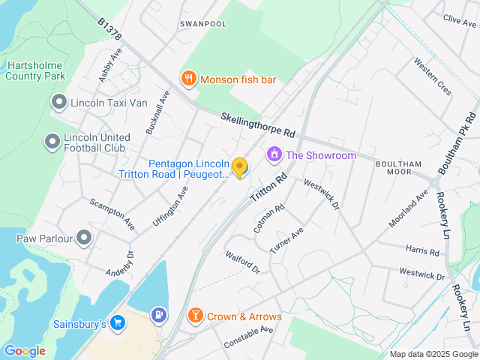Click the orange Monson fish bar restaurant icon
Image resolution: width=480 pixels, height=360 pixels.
[x=188, y=77]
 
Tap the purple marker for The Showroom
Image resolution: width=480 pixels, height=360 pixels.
[x=274, y=155]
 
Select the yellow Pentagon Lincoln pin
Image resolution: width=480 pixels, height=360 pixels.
[x=239, y=167]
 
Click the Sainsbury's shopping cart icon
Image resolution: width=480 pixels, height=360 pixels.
[x=117, y=323]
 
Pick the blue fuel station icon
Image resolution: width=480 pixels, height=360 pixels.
[x=158, y=315]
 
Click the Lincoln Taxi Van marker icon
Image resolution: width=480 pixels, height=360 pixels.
[x=58, y=102]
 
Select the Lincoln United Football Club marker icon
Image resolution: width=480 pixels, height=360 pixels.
[x=52, y=141]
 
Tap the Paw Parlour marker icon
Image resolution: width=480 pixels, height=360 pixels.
[x=83, y=238]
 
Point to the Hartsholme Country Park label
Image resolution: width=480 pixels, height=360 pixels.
[x=36, y=70]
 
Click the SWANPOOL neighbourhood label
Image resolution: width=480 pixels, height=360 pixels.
[x=202, y=24]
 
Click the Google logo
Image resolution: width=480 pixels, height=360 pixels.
[x=25, y=350]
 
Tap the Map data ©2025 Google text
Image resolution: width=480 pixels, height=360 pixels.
[x=433, y=354]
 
